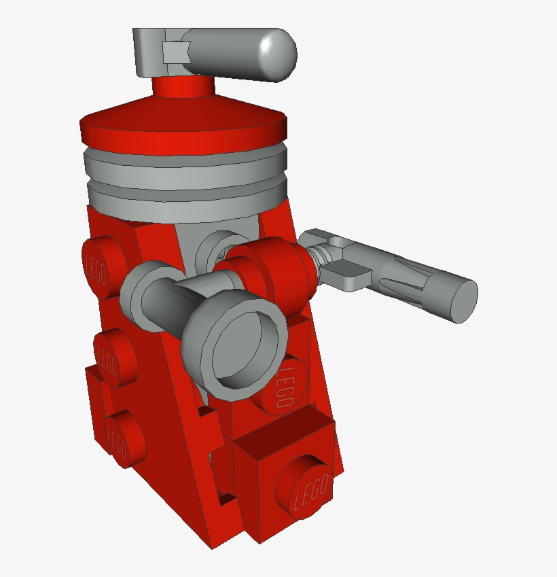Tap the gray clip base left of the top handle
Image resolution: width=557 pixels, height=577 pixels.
[x=149, y=52]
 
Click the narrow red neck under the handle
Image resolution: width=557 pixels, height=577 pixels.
[x=183, y=87]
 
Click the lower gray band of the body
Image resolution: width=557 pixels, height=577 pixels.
[x=187, y=205]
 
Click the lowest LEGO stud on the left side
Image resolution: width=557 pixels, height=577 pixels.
[x=124, y=438]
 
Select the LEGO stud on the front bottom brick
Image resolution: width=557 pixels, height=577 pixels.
[x=304, y=487]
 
